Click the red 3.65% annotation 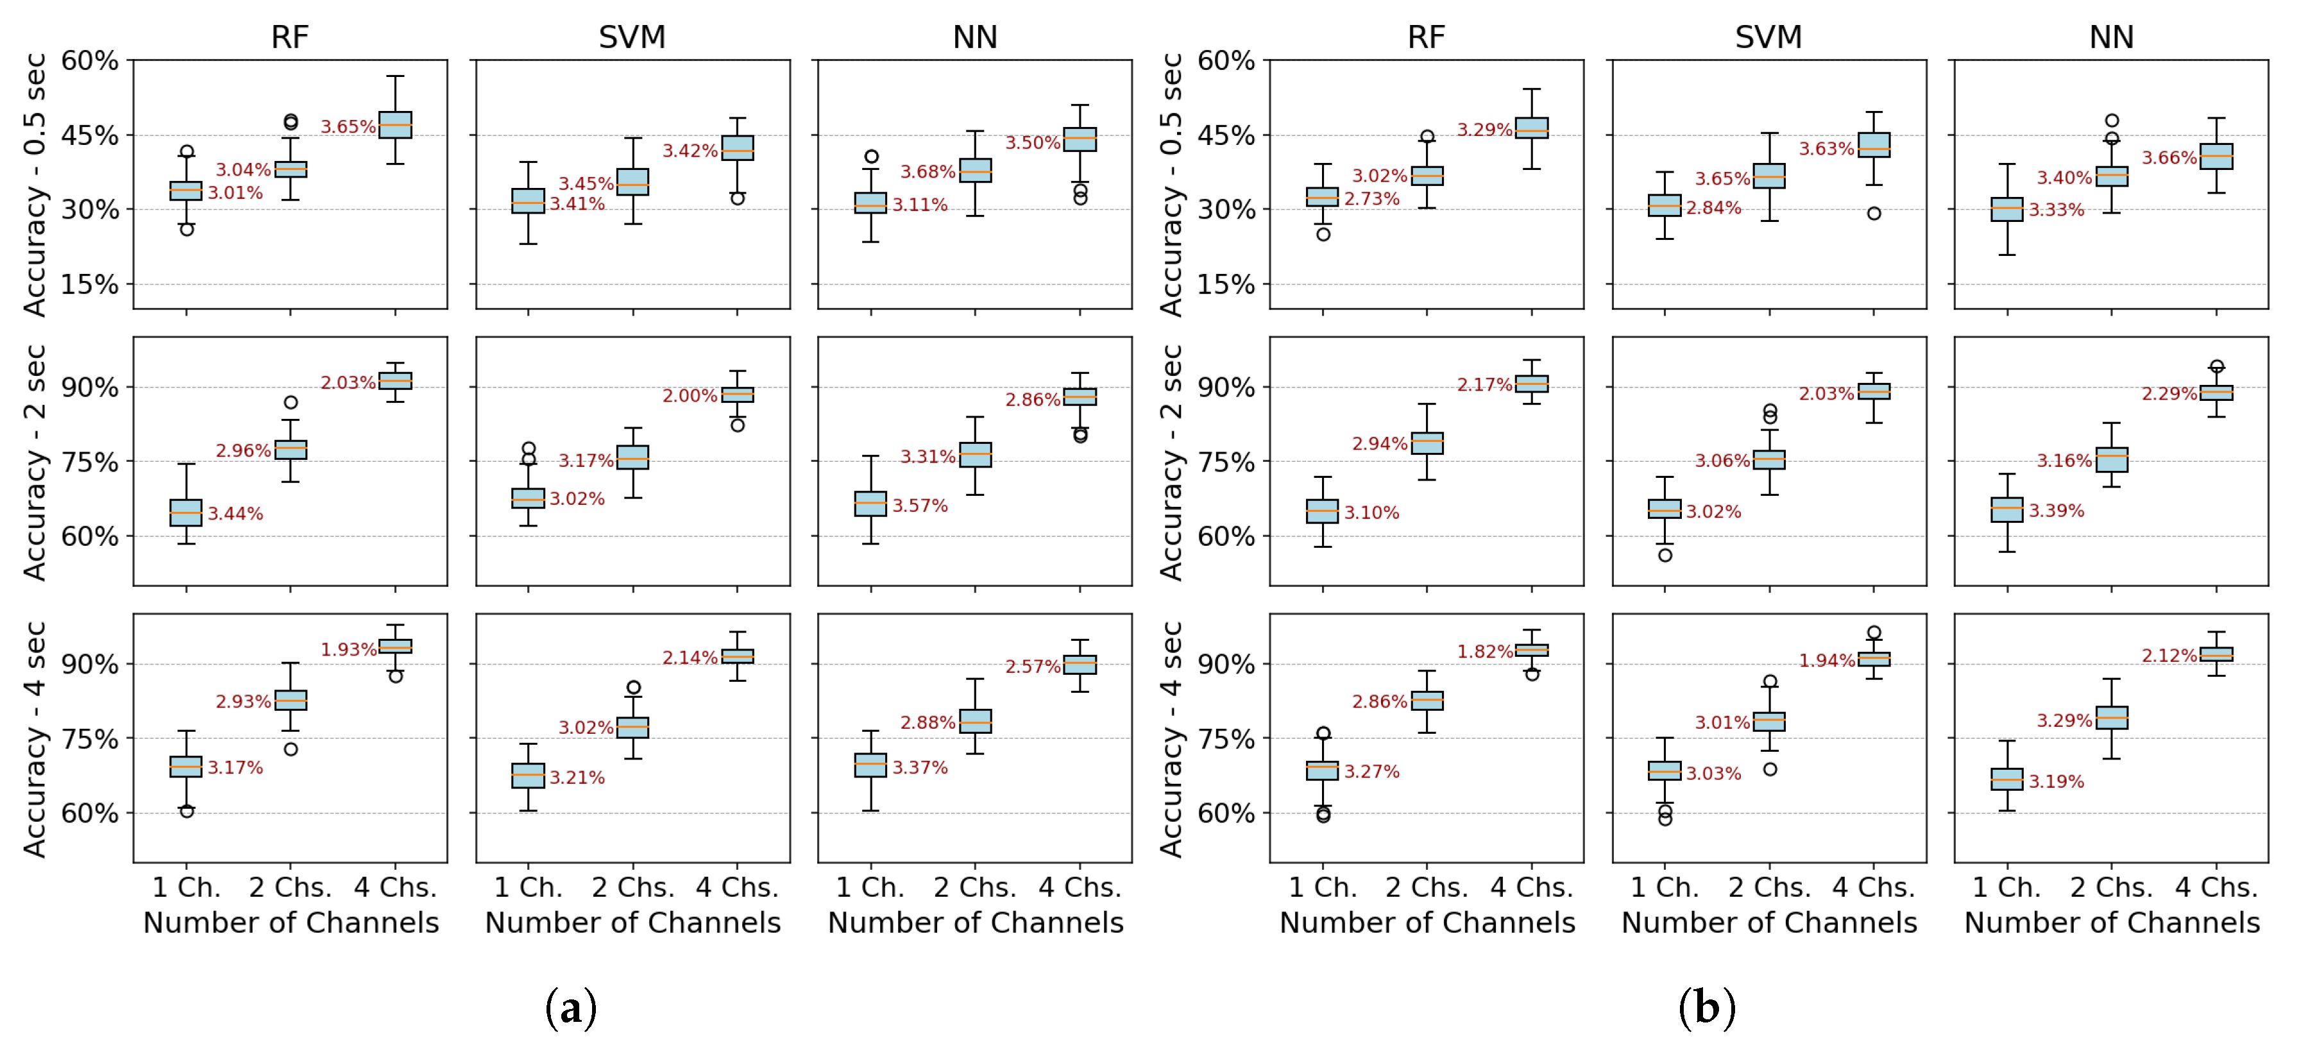coord(348,126)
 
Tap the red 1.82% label coord(1484,652)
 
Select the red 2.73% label coord(1371,199)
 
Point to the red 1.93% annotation coord(348,650)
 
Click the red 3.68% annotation coord(928,172)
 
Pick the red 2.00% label coord(690,396)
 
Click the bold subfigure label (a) coord(571,1008)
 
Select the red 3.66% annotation coord(2169,158)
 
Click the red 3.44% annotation coord(235,514)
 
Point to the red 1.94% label coord(1826,661)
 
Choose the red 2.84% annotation coord(1713,208)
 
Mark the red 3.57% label coord(919,505)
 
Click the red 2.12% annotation coord(2169,656)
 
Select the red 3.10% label coord(1371,513)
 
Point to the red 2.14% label coord(690,658)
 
